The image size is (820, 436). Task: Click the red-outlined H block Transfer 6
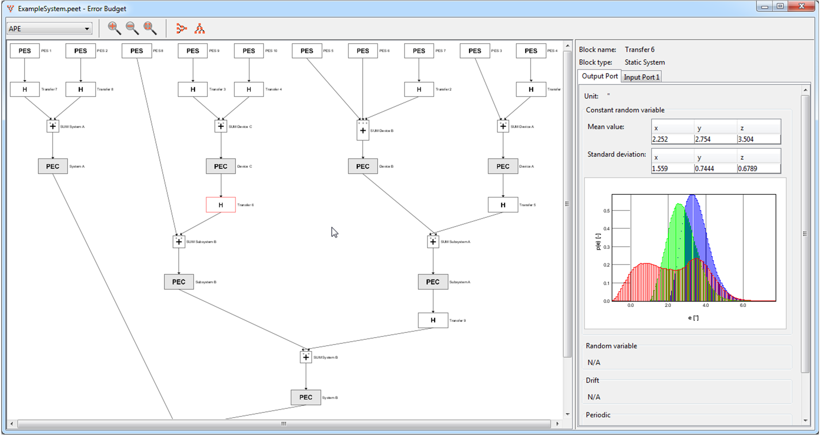click(x=221, y=205)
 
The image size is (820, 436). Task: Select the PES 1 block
click(x=25, y=51)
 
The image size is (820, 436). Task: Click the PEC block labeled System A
click(x=53, y=166)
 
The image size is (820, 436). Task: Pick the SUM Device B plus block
click(x=363, y=130)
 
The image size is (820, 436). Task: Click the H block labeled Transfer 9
click(x=433, y=320)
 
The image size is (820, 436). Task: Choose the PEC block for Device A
click(x=503, y=166)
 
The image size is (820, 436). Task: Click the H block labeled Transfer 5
click(x=503, y=205)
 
